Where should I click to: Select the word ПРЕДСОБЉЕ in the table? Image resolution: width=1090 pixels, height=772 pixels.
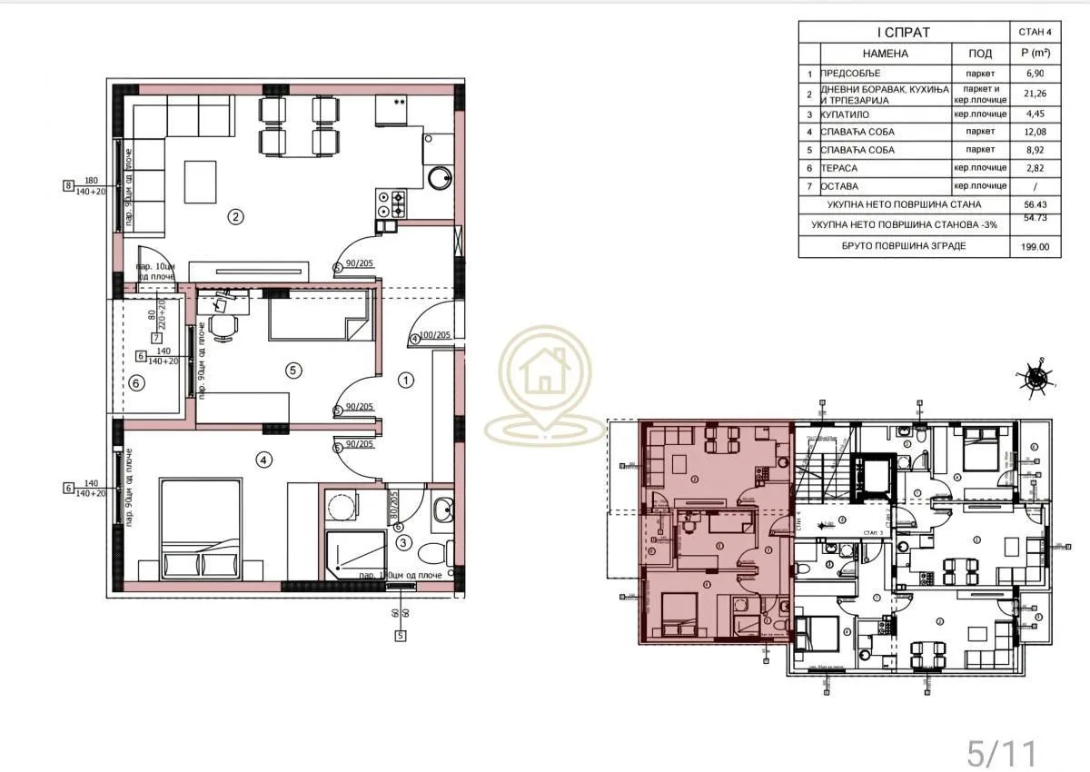click(850, 74)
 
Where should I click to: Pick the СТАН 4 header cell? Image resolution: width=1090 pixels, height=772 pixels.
click(1035, 33)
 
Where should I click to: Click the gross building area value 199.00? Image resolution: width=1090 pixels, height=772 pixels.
click(1035, 246)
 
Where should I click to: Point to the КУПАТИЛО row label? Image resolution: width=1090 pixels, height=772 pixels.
click(846, 115)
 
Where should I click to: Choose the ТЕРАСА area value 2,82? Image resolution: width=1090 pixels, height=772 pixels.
click(1035, 168)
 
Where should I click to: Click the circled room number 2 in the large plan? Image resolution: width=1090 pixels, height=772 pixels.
click(235, 216)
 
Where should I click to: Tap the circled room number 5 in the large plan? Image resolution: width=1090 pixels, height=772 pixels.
click(292, 370)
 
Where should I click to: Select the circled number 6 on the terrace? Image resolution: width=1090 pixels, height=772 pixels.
click(136, 383)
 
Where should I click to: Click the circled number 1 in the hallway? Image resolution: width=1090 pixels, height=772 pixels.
click(406, 380)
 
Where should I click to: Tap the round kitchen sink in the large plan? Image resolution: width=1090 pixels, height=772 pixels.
click(440, 178)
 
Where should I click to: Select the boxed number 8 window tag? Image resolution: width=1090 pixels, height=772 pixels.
click(67, 186)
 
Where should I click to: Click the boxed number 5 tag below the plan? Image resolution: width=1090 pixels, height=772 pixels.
click(400, 636)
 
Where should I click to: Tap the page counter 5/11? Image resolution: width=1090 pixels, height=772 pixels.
click(999, 752)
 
